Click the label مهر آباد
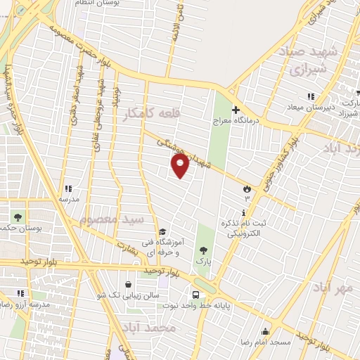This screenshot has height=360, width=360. point(332,288)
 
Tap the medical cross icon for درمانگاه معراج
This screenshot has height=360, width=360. point(236,110)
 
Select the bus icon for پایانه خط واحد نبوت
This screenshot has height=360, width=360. point(196,295)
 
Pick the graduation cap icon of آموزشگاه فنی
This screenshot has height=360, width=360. point(162,231)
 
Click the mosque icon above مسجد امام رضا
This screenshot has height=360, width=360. point(265,331)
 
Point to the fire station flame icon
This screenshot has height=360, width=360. point(247,189)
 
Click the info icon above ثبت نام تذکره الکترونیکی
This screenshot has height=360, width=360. point(243,212)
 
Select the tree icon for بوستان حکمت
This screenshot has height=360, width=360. point(16,217)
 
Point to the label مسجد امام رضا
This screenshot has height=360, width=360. point(266,341)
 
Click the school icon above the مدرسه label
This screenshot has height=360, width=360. point(67,188)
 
